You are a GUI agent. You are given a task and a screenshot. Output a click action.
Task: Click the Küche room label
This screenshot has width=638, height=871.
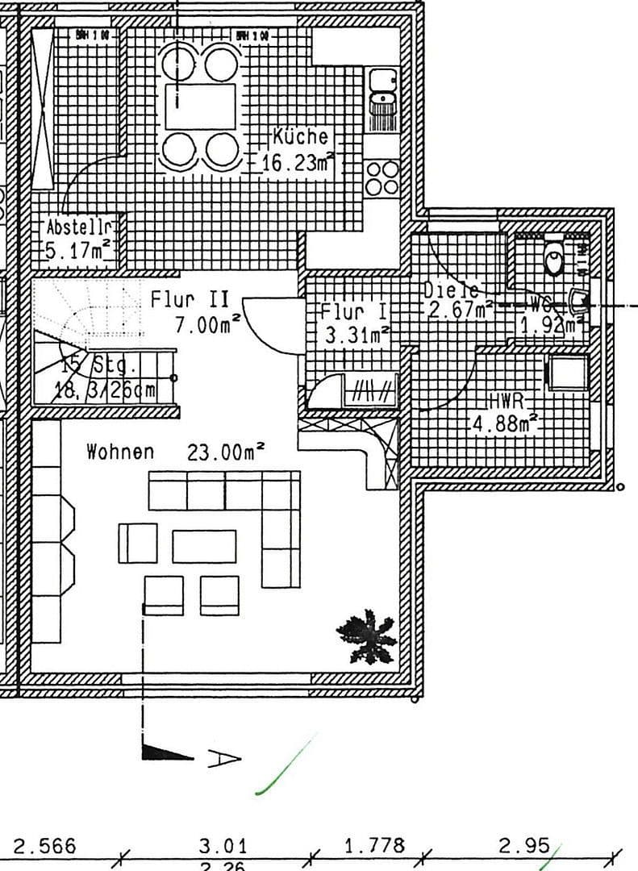300,136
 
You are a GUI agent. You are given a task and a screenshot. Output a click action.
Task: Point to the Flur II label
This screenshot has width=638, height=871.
190,300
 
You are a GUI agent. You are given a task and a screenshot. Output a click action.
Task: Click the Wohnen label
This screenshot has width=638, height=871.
119,452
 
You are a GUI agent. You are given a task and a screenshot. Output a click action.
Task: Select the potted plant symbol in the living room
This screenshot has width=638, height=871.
367,636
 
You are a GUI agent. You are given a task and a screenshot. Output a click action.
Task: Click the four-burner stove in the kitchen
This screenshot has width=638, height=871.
382,177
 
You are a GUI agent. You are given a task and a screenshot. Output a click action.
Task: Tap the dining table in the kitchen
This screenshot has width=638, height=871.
200,106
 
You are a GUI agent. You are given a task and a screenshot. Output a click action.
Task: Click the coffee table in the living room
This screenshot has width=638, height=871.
204,546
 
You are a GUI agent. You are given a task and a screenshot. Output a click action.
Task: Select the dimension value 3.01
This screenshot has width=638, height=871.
223,845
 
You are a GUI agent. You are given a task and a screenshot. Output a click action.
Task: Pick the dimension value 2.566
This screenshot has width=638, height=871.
45,845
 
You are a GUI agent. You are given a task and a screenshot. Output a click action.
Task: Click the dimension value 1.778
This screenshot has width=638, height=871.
374,845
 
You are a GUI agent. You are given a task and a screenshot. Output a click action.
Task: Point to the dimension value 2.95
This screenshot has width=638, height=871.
524,845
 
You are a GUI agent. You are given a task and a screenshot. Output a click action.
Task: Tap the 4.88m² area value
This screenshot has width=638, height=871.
504,423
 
